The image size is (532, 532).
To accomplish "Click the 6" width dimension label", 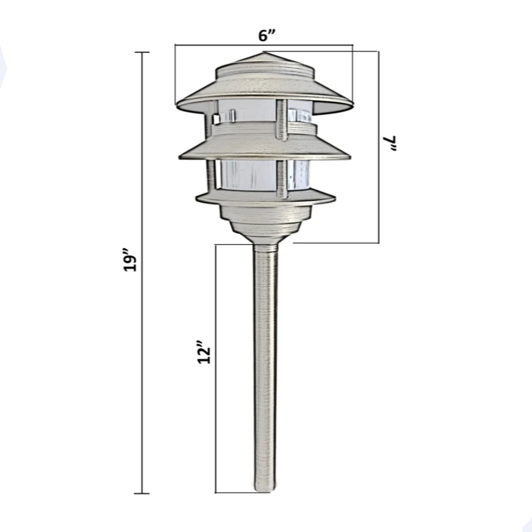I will coord(267,35).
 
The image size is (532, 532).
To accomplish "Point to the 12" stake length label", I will coord(204,353).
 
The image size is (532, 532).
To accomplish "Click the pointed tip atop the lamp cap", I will coord(264,53).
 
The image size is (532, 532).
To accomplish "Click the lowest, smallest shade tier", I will coord(265,197).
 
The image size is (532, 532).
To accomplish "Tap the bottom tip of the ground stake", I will coord(264,489).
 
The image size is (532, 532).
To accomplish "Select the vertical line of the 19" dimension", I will coord(142,365).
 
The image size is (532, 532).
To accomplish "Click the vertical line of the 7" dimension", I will coord(379,198).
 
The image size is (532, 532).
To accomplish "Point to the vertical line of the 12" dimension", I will coord(216,417).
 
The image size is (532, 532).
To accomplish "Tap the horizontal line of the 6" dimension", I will coord(219,45).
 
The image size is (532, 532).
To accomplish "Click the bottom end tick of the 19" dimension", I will coord(142,493).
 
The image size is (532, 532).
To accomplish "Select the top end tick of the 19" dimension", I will coord(142,53).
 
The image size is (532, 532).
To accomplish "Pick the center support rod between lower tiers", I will coord(282,178).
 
